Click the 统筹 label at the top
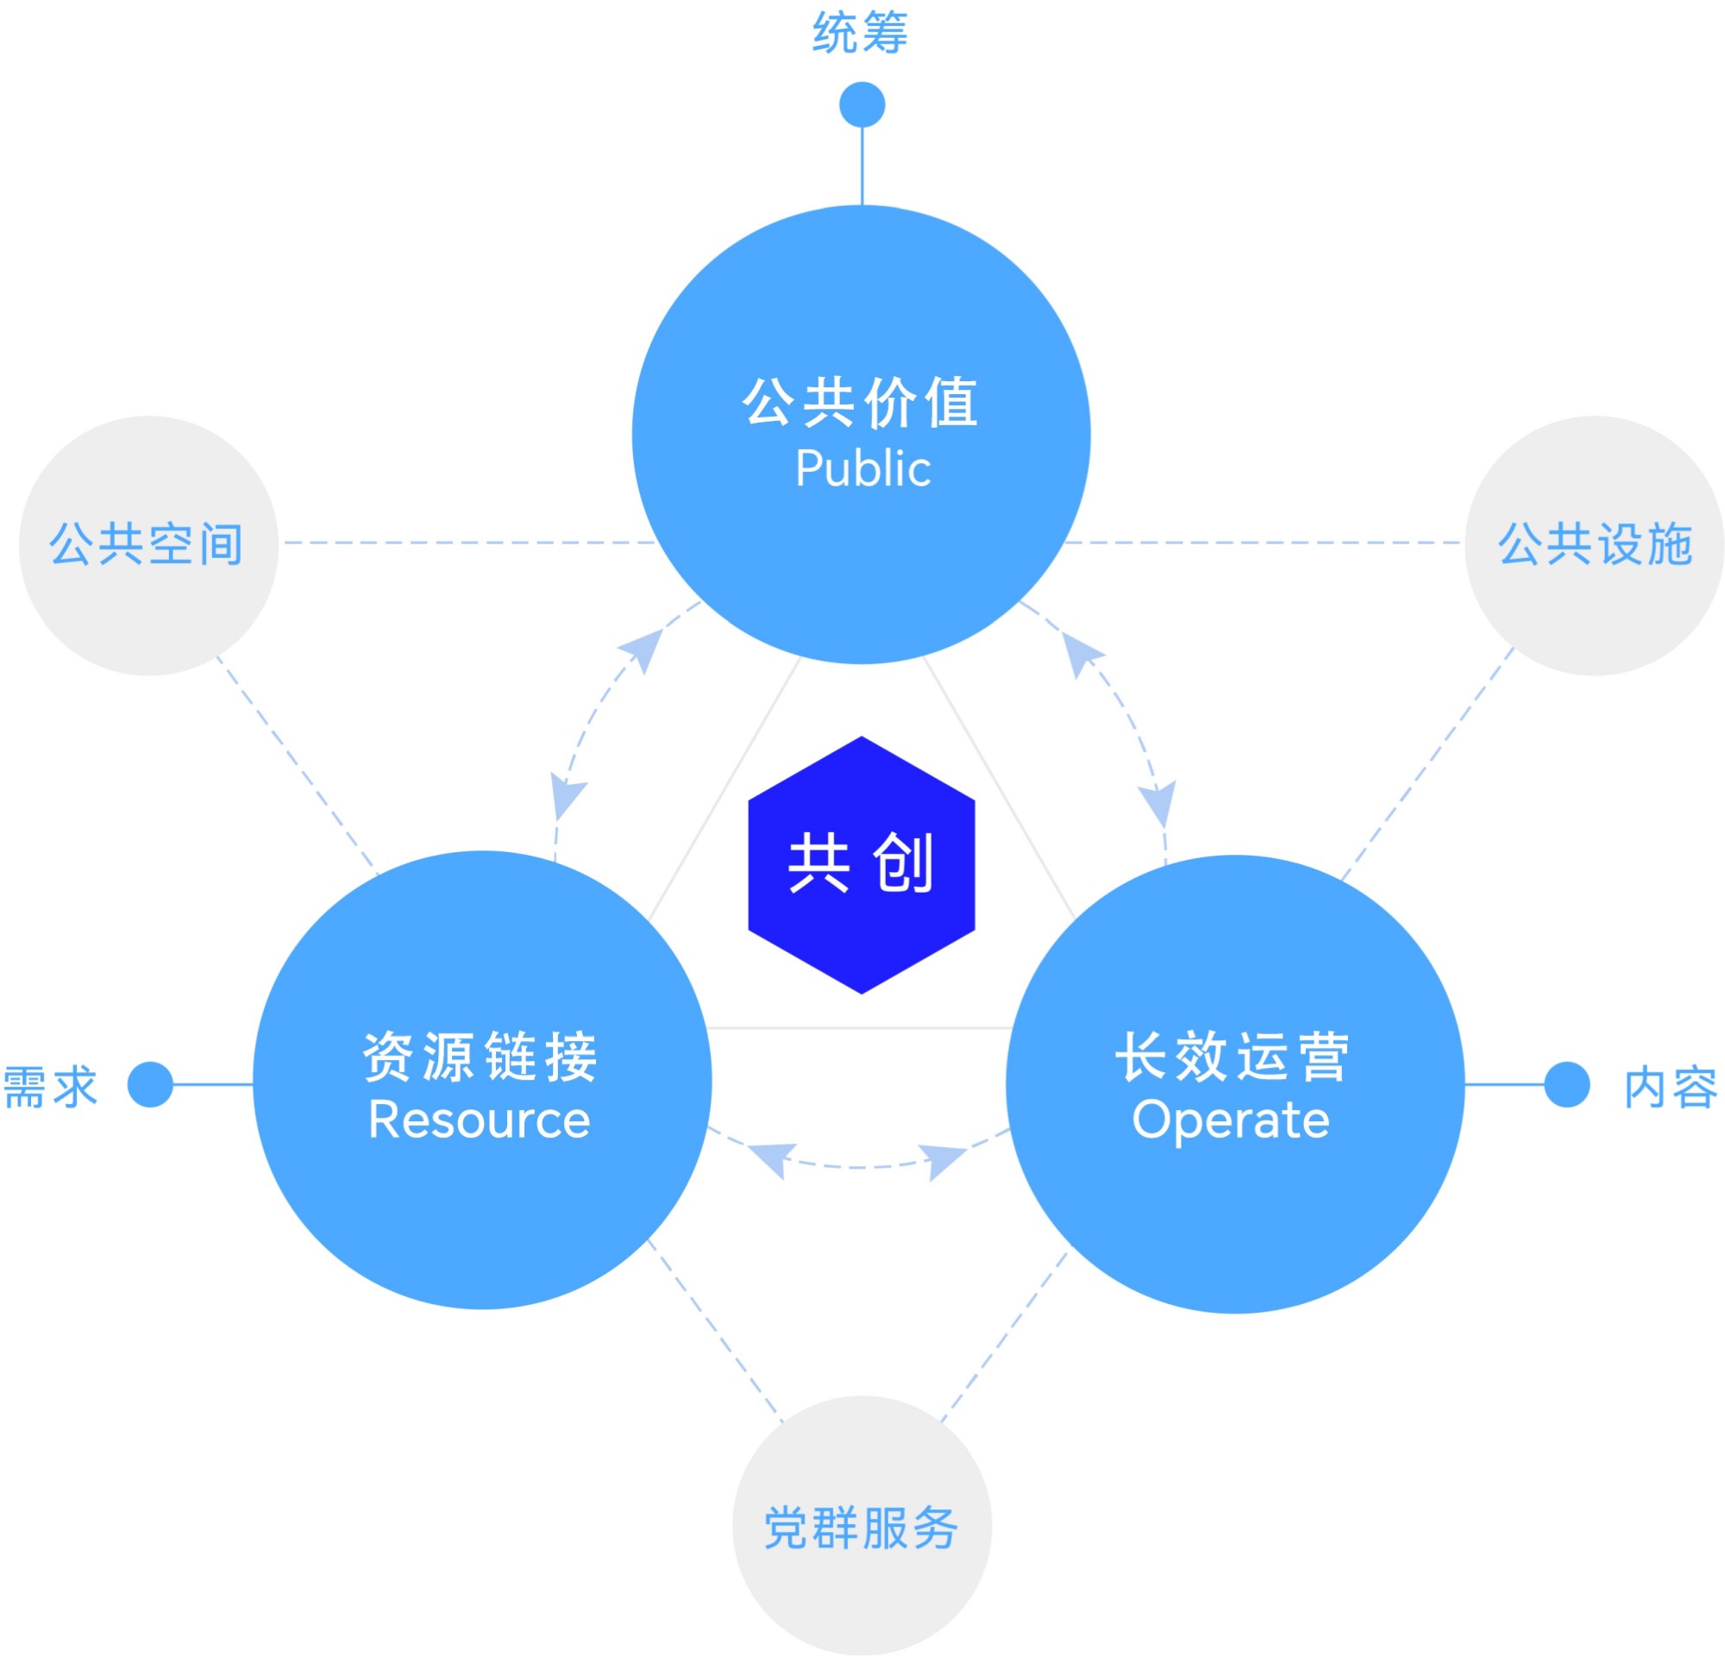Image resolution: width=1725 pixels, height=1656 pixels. tap(860, 34)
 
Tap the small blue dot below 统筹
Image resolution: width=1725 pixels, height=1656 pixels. tap(862, 104)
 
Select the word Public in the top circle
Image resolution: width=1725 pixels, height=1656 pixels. tap(862, 468)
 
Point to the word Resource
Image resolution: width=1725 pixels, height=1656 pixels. tap(480, 1120)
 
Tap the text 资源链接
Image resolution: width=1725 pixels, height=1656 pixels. tap(480, 1056)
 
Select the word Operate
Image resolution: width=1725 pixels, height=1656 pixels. tap(1231, 1120)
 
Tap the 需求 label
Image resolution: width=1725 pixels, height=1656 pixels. tap(50, 1087)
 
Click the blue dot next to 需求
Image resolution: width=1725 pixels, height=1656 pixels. tap(150, 1084)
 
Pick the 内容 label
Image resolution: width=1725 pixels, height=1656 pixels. tap(1670, 1088)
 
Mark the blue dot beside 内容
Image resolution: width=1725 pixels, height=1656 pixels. tap(1566, 1084)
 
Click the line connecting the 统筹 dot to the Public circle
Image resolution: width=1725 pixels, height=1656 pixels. tap(862, 167)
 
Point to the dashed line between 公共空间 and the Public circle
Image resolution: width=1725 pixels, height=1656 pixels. tap(467, 543)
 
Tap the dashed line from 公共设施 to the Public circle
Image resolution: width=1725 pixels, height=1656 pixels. tap(1258, 543)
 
